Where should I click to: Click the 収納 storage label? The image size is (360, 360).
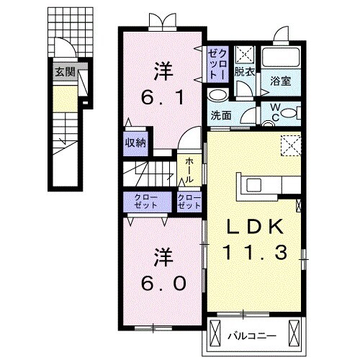135,143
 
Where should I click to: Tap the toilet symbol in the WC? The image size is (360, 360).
288,112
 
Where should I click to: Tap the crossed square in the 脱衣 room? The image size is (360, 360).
244,54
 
